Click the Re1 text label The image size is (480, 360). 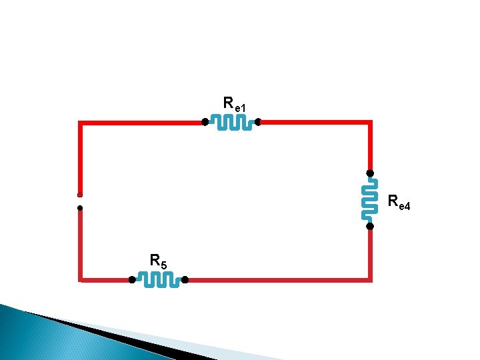coord(235,105)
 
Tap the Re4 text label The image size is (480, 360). coord(399,201)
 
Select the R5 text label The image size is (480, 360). coord(159,261)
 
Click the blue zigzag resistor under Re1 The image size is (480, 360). coord(231,122)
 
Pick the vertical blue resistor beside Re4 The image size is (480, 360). coord(368,199)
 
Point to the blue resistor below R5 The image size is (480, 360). coord(158,280)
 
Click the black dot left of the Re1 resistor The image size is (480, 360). coord(205,122)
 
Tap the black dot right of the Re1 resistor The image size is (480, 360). coord(257,122)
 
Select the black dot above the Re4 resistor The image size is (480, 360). coord(369,173)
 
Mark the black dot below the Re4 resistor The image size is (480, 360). coord(369,226)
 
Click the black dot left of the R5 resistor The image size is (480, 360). coord(132,280)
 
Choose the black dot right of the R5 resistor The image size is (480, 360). coord(185,280)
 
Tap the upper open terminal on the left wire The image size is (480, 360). coord(79,195)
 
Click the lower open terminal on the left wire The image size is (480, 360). coord(79,208)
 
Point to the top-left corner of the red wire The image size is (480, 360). coord(80,123)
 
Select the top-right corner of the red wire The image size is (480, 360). coord(369,123)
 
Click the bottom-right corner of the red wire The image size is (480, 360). coord(369,279)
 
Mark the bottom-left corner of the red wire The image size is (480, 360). coord(81,279)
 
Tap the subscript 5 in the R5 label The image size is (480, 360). coord(164,265)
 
